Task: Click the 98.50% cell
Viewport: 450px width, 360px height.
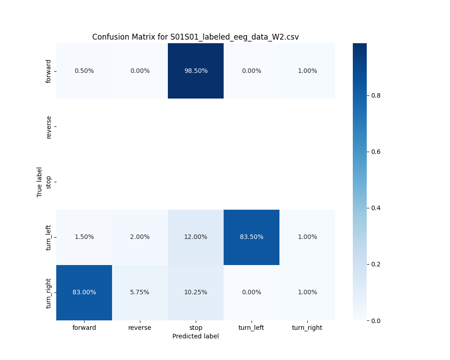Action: pyautogui.click(x=195, y=71)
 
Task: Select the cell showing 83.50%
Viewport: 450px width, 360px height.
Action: pyautogui.click(x=251, y=237)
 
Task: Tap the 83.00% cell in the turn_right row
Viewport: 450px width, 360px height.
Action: pyautogui.click(x=84, y=292)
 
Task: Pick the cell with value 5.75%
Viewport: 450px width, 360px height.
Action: pyautogui.click(x=139, y=292)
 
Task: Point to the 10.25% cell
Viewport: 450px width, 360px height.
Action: pyautogui.click(x=195, y=292)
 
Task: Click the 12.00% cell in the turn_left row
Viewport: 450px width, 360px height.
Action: pyautogui.click(x=195, y=237)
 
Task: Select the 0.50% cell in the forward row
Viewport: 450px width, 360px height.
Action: pyautogui.click(x=84, y=71)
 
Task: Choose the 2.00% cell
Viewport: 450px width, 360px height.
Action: pyautogui.click(x=139, y=237)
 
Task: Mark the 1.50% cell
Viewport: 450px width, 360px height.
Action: pyautogui.click(x=84, y=237)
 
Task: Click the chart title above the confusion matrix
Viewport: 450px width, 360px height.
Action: pyautogui.click(x=195, y=37)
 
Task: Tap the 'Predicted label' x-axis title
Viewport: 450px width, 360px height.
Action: pyautogui.click(x=195, y=336)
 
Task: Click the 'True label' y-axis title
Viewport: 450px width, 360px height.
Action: pyautogui.click(x=40, y=182)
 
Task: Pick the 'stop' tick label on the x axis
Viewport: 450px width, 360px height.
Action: pyautogui.click(x=195, y=328)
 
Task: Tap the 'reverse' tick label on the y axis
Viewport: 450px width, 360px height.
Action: pyautogui.click(x=49, y=126)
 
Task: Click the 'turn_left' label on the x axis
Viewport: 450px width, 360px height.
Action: pyautogui.click(x=251, y=328)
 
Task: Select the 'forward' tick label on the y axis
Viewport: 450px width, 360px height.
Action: pyautogui.click(x=49, y=71)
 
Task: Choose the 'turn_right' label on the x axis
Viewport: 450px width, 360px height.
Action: pyautogui.click(x=307, y=328)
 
